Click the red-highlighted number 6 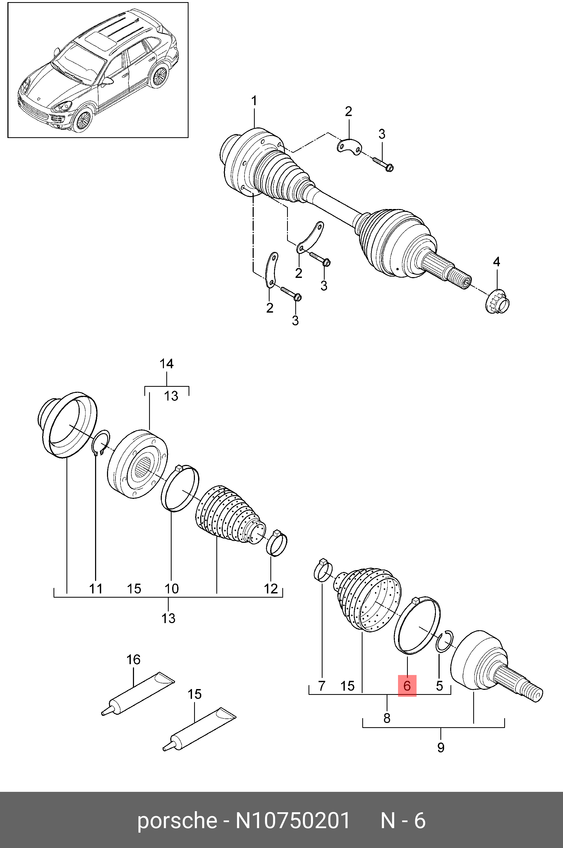[407, 686]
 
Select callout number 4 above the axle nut [496, 261]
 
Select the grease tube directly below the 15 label [200, 730]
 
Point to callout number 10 [172, 589]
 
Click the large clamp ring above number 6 [417, 626]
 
